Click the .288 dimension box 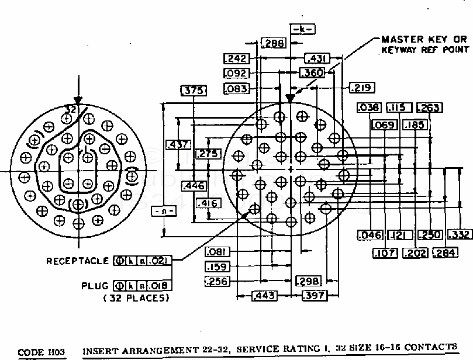[273, 43]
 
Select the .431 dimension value [317, 58]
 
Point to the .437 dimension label [177, 145]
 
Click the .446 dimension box [192, 186]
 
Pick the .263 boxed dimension [429, 108]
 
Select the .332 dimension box [460, 235]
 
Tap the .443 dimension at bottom [264, 296]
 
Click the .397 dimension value [314, 296]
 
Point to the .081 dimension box [217, 252]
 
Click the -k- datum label [302, 29]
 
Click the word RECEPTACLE [78, 261]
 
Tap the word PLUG [95, 286]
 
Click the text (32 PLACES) [136, 298]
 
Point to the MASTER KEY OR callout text [424, 39]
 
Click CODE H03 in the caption [40, 352]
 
